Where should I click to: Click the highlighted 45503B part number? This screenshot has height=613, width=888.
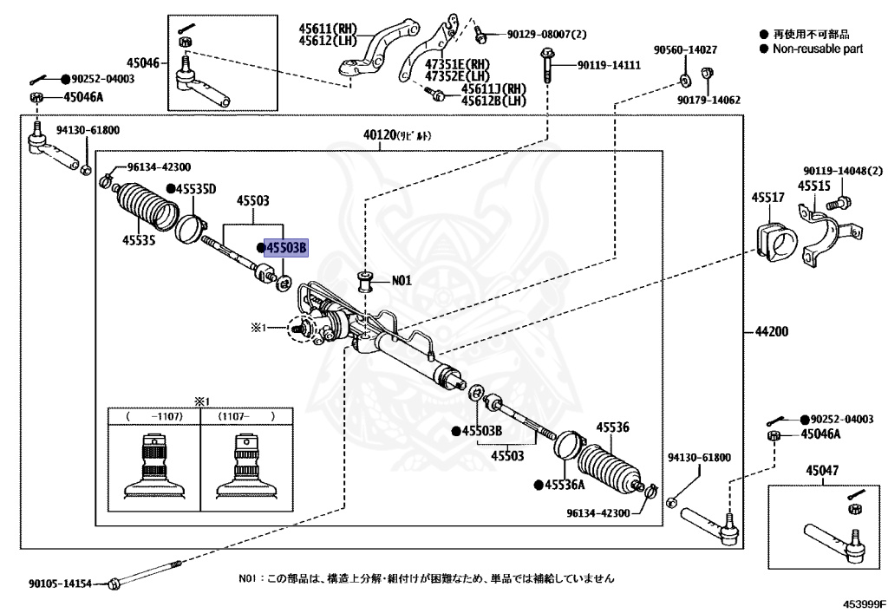point(286,249)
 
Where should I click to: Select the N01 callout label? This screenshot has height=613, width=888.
point(402,280)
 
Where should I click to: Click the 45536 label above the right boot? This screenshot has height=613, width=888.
point(611,427)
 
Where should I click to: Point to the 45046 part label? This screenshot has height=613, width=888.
point(142,62)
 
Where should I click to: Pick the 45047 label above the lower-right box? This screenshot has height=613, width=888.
point(821,470)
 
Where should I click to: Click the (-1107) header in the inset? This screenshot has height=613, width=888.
point(153,416)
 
